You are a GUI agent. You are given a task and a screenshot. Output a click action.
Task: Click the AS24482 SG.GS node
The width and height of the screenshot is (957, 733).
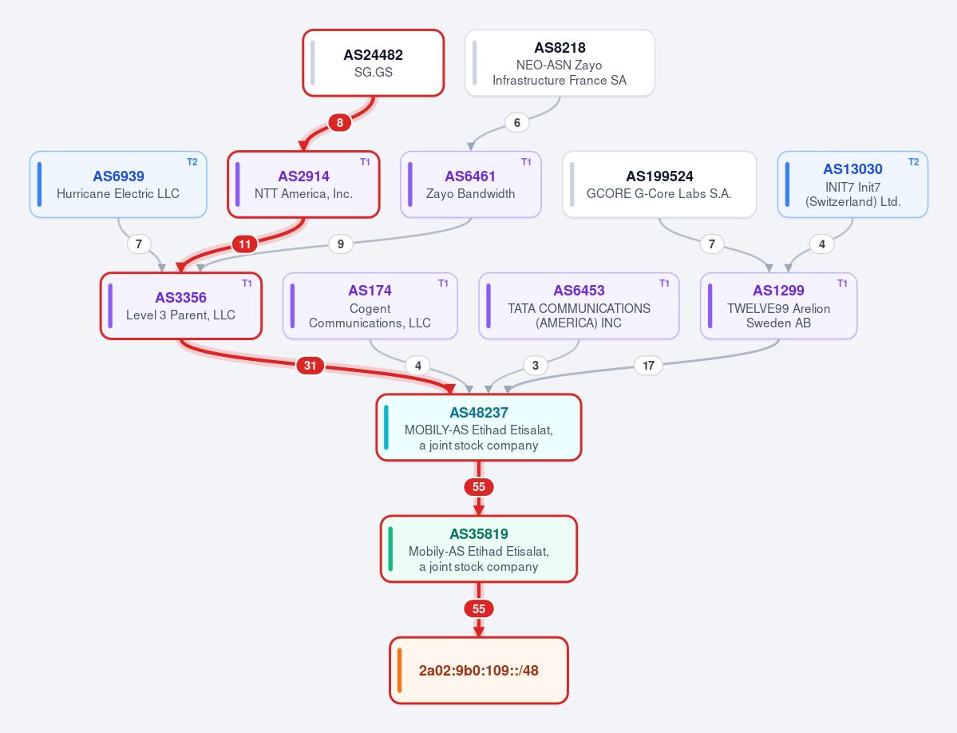[374, 63]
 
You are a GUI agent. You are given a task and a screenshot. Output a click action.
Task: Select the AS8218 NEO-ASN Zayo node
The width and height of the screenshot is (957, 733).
[560, 63]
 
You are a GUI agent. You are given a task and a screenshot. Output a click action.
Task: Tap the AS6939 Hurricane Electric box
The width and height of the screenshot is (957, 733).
[118, 184]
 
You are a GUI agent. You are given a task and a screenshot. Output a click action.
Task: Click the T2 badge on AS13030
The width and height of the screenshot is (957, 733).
[914, 162]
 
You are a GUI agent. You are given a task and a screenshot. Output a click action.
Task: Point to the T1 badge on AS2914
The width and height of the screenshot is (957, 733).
[365, 162]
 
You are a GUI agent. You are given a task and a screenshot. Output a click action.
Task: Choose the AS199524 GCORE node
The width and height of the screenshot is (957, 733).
[659, 184]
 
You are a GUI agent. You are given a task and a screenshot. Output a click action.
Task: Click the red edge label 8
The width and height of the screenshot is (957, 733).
[340, 123]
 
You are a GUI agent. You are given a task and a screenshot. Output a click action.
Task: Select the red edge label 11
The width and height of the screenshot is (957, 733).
[245, 244]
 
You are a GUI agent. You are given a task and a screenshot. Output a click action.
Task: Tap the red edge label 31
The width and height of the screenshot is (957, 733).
[310, 366]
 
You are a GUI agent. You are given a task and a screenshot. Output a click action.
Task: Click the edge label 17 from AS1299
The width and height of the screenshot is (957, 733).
[648, 366]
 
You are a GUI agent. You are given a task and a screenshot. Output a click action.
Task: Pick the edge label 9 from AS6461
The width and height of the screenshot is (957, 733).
[341, 244]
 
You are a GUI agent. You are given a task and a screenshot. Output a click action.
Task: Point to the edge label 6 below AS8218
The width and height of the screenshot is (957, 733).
[517, 123]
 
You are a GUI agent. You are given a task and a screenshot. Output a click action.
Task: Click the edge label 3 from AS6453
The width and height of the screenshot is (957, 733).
[536, 366]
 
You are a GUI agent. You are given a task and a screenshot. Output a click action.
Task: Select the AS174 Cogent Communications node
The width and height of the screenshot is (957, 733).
[370, 306]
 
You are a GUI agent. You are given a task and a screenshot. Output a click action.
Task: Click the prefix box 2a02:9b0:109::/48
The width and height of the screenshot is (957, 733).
[479, 671]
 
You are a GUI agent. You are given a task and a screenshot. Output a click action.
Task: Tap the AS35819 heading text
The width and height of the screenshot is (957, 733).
[479, 534]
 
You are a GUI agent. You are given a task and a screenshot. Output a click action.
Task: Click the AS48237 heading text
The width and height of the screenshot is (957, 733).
[479, 413]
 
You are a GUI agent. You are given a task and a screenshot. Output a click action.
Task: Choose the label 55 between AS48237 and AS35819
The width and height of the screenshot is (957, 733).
[479, 487]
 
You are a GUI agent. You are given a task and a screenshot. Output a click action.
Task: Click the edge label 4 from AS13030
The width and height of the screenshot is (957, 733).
[822, 244]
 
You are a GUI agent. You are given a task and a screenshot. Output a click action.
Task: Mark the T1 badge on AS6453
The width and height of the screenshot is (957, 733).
[664, 283]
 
